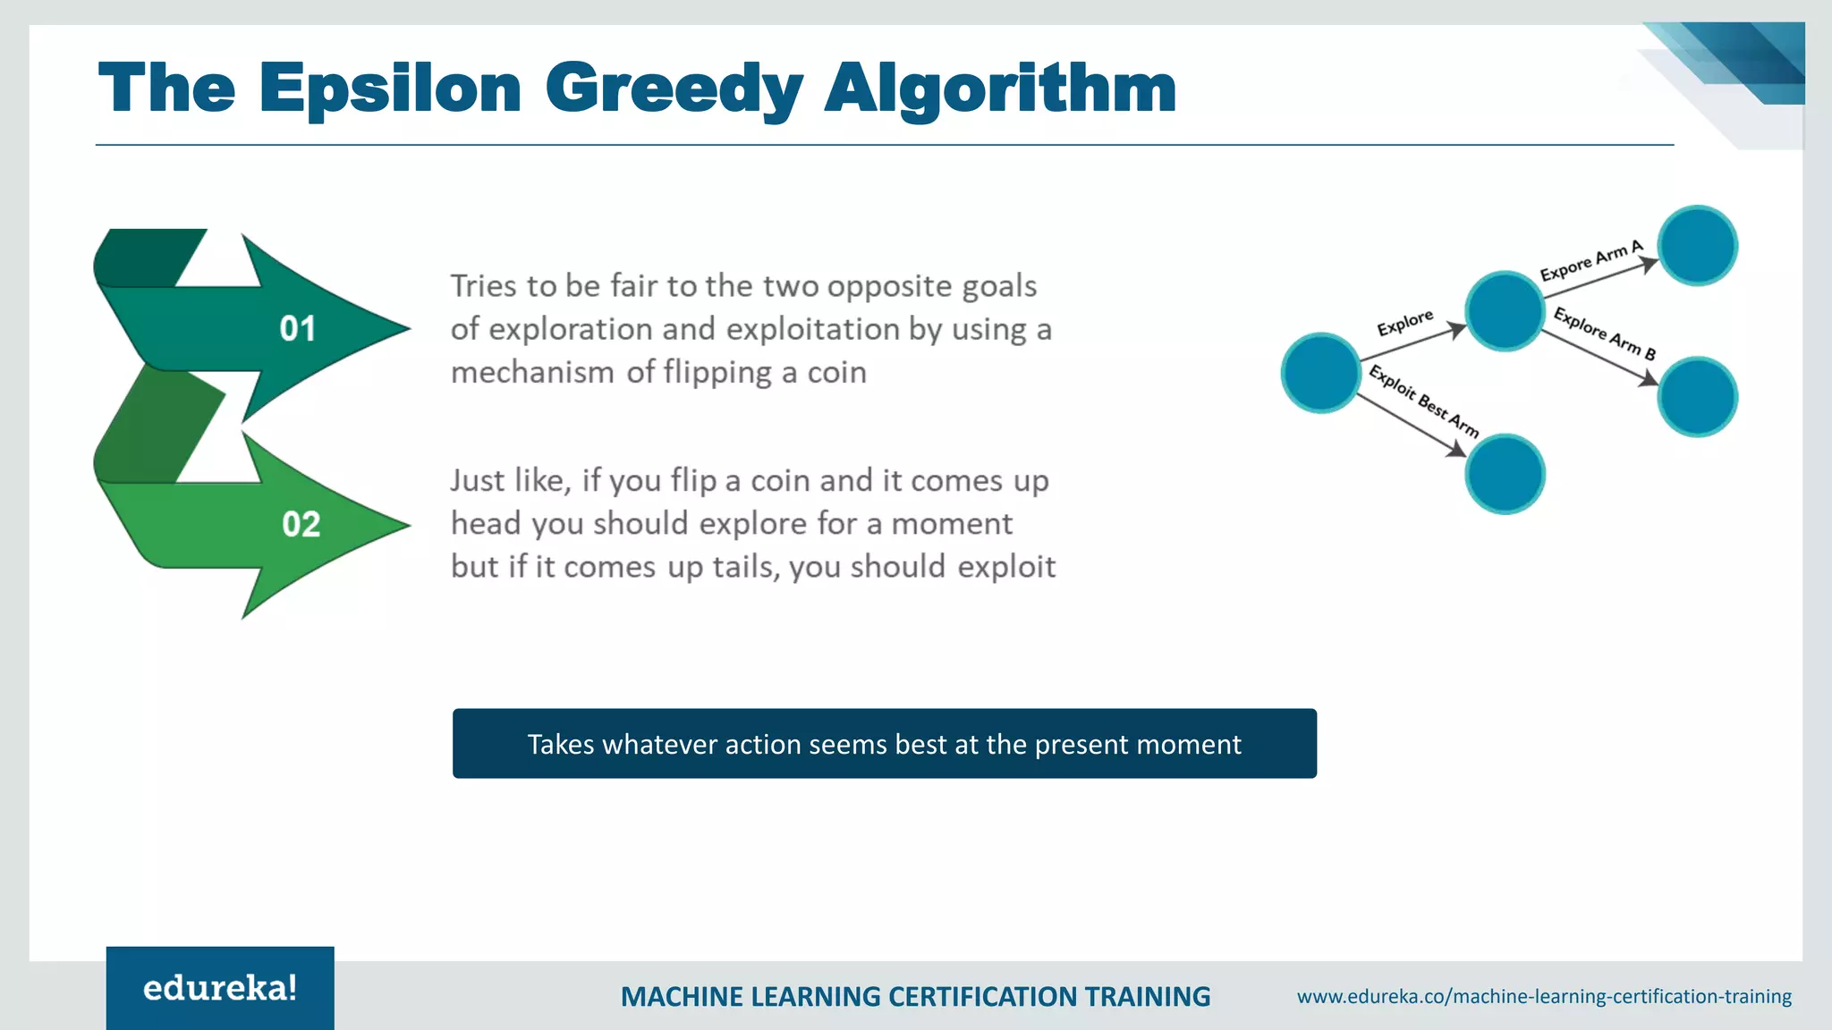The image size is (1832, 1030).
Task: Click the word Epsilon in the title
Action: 390,89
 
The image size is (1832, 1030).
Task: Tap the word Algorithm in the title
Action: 999,89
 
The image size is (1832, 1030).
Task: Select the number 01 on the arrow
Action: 297,329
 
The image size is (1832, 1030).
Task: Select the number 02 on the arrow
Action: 301,524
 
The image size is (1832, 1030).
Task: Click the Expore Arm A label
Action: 1590,260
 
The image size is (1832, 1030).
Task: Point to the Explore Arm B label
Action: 1604,333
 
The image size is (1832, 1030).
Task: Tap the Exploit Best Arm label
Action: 1423,401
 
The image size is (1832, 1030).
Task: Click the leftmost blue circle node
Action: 1320,373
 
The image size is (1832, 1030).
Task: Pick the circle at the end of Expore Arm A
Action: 1697,246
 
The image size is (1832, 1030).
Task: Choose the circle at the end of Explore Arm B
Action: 1697,397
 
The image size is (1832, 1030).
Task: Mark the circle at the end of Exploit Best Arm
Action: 1505,474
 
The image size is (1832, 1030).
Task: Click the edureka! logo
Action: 220,988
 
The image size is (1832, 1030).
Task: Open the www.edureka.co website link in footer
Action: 1544,996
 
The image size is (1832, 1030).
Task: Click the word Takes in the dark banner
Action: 560,744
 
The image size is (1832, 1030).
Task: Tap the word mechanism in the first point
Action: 532,373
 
